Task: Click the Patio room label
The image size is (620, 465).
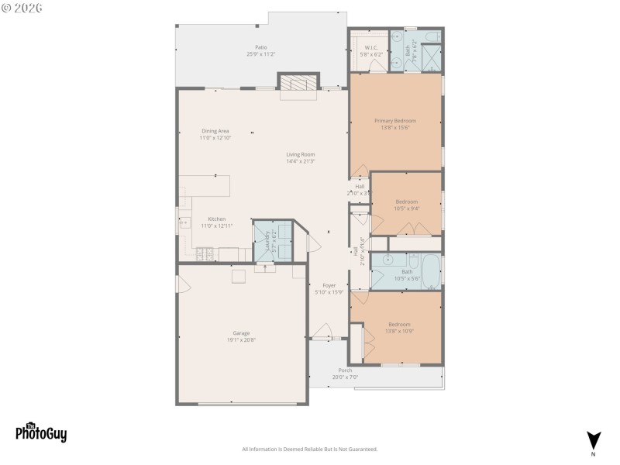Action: (261, 47)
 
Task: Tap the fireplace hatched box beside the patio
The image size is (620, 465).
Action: (298, 83)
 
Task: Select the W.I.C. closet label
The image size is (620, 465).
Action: (368, 48)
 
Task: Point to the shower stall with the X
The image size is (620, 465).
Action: (431, 57)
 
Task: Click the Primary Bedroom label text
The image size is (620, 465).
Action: (394, 121)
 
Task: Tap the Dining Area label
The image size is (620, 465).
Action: (215, 131)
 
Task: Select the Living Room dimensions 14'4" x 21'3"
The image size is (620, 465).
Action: (301, 161)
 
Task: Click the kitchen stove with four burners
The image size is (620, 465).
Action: (205, 253)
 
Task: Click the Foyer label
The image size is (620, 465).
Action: (329, 286)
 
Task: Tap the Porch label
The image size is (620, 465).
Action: (345, 370)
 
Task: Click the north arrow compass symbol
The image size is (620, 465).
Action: (593, 439)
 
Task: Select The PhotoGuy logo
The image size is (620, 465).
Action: (41, 432)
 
